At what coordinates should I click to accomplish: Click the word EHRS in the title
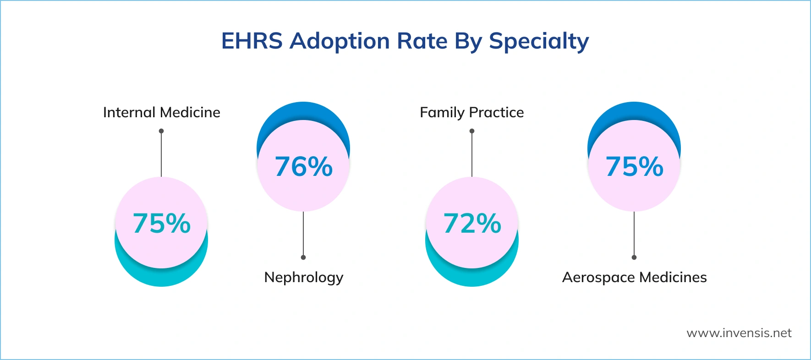252,41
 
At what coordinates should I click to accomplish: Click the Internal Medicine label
161,113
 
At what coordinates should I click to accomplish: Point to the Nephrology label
303,278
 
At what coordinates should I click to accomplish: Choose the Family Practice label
471,113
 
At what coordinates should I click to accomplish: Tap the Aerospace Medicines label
634,278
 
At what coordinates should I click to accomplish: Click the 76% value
303,166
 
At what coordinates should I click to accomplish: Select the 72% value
472,224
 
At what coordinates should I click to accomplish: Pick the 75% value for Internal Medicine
161,224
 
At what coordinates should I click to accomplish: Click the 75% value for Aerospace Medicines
634,166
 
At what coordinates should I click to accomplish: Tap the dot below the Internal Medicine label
161,131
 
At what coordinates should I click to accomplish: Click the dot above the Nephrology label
303,257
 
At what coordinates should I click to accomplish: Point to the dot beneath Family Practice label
472,131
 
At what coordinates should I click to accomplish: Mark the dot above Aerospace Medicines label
634,257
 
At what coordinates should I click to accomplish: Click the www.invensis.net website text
739,333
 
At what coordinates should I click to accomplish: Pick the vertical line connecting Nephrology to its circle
303,234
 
